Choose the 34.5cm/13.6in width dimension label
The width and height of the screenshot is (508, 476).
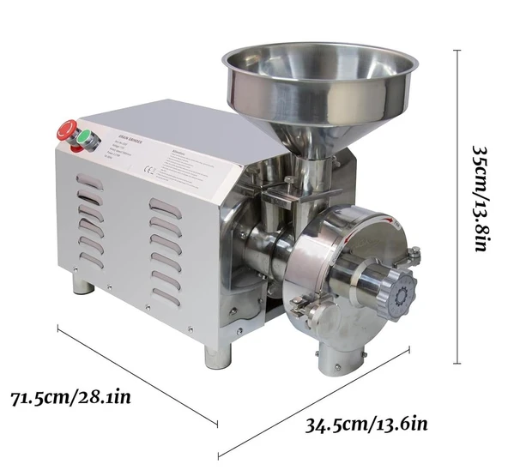366,423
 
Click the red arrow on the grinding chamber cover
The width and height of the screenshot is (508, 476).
392,225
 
